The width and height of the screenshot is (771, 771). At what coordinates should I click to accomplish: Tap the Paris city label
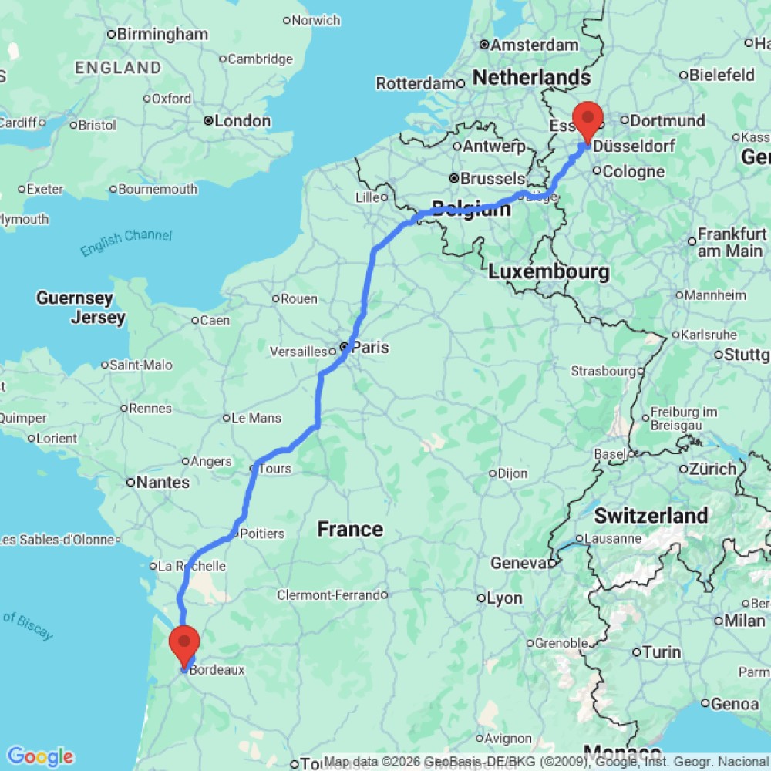371,348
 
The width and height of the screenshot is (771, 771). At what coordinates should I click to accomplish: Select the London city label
242,121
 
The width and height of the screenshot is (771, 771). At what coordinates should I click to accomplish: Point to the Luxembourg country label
549,271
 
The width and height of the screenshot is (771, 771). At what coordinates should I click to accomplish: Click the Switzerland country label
651,515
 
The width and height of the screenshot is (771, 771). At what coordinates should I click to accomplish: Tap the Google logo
39,756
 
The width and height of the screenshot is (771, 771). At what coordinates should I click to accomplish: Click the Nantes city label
163,483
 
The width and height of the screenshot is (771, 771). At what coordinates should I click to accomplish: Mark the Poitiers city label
262,534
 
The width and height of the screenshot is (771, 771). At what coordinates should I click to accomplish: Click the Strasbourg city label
602,371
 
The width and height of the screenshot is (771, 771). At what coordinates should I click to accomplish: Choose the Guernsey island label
74,298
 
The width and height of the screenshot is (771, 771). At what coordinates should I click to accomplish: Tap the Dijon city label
513,473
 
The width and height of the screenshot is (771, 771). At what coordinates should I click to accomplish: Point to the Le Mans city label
258,418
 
